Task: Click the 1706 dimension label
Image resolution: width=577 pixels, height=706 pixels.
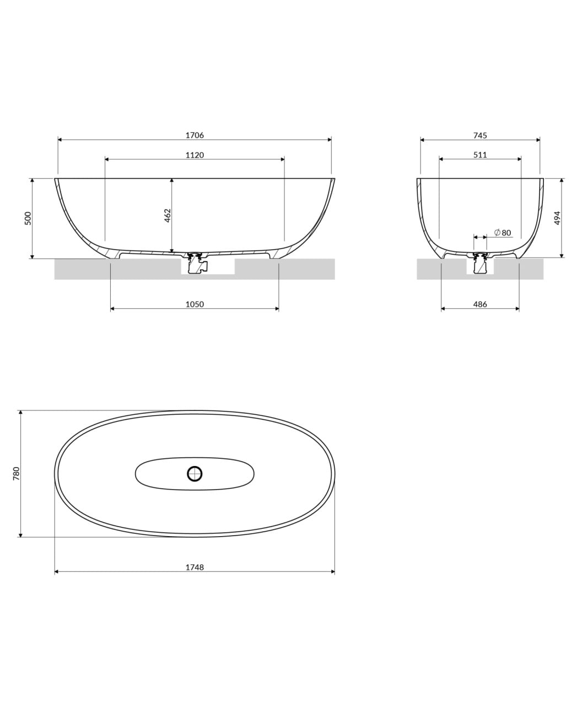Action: pyautogui.click(x=195, y=135)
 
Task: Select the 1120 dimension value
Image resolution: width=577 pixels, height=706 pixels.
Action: pyautogui.click(x=195, y=155)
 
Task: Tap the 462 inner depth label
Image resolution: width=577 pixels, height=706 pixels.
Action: pyautogui.click(x=168, y=215)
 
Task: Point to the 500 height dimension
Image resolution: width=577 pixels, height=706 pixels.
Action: pyautogui.click(x=28, y=218)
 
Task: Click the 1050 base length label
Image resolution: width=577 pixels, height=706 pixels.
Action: pyautogui.click(x=195, y=304)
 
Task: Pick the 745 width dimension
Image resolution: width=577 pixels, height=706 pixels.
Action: pyautogui.click(x=480, y=135)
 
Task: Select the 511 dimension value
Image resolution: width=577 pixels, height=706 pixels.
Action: pyautogui.click(x=480, y=154)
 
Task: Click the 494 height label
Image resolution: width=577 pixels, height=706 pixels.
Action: pyautogui.click(x=557, y=218)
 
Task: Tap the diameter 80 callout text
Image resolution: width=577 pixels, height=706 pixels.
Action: pyautogui.click(x=503, y=232)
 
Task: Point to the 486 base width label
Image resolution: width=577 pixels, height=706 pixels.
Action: pyautogui.click(x=480, y=304)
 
